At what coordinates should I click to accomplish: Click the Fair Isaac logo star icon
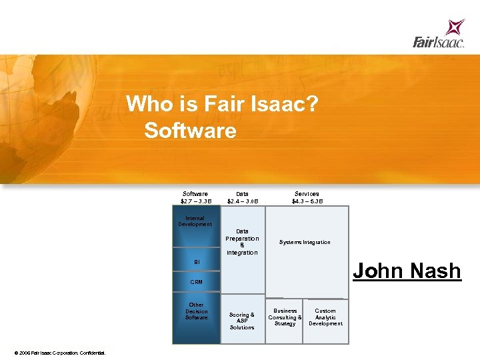click(455, 27)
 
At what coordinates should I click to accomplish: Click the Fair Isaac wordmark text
click(437, 43)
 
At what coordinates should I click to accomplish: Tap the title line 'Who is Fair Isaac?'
click(221, 104)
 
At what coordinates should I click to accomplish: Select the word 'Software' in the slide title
click(190, 130)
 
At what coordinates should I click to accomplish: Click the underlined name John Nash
click(407, 271)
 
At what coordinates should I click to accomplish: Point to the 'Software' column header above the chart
click(195, 194)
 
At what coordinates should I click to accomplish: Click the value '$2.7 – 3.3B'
click(195, 201)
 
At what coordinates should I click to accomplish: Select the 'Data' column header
click(242, 194)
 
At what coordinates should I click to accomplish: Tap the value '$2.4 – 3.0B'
click(242, 201)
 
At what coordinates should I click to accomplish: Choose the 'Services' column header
click(307, 194)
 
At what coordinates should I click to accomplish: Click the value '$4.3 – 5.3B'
click(307, 201)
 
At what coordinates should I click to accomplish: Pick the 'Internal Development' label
click(195, 221)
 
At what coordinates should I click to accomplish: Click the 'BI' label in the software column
click(197, 262)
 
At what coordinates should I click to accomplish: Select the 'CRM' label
click(196, 283)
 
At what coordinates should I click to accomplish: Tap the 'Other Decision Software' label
click(196, 311)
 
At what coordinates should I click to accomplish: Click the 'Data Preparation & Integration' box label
click(242, 242)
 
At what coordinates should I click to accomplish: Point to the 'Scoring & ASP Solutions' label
click(242, 321)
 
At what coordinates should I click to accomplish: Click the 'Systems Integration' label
click(305, 242)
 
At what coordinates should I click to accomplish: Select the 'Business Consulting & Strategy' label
click(285, 317)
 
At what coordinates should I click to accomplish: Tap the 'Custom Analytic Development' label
click(325, 317)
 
